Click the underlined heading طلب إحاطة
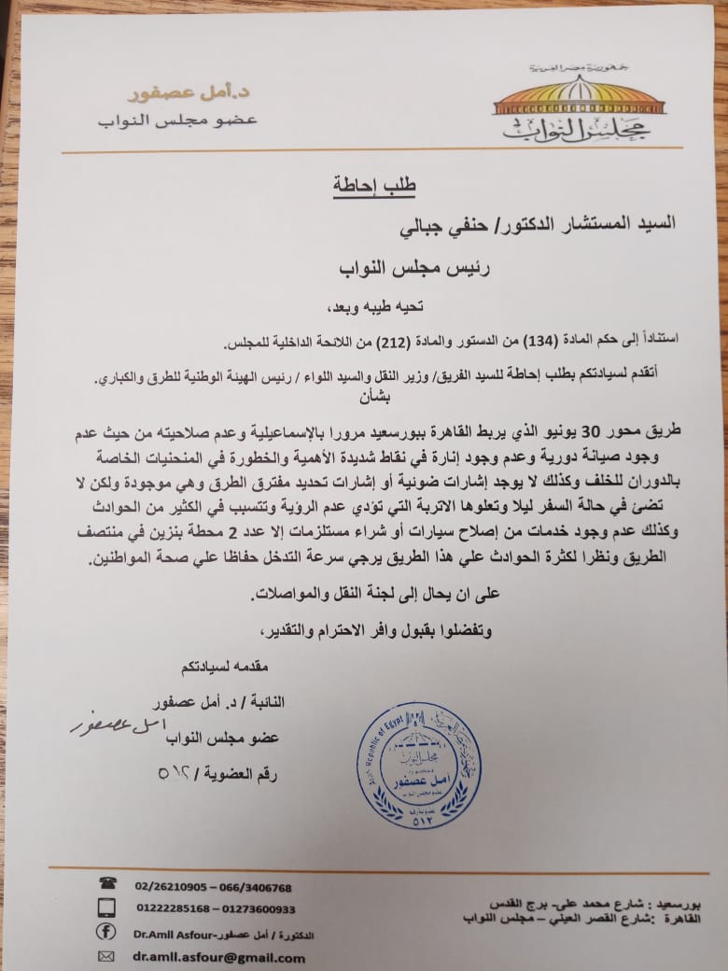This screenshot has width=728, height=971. click(x=374, y=185)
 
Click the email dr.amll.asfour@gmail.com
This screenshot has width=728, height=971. click(x=217, y=958)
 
